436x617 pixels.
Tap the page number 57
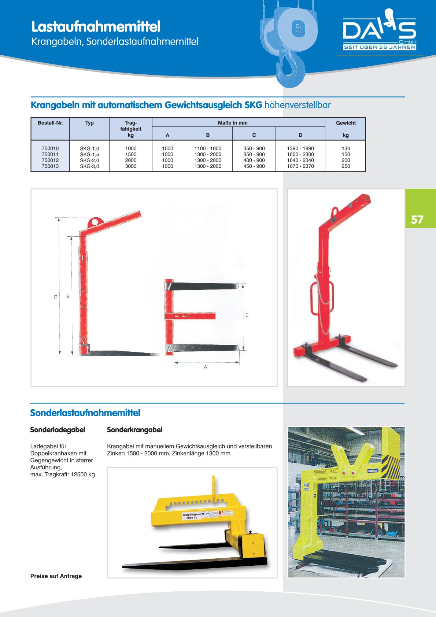pos(417,219)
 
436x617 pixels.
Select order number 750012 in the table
pos(50,160)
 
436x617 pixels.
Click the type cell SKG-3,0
pos(89,166)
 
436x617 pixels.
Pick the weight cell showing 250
pos(346,166)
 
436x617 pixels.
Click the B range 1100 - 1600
pos(208,149)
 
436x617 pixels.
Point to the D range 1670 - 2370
pos(300,166)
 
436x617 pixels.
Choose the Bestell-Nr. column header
pos(50,123)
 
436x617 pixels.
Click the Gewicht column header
pos(346,123)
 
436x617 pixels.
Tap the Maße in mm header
pos(233,123)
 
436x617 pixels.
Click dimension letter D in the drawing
pos(56,297)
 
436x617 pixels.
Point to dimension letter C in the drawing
pos(247,315)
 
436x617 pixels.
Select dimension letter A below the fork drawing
pos(206,367)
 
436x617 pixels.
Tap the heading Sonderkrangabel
pos(134,430)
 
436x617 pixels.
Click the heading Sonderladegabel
pos(58,430)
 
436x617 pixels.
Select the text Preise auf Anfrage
pos(56,576)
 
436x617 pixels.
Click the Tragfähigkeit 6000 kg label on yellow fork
pos(192,516)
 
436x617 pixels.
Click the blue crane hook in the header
pos(291,68)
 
